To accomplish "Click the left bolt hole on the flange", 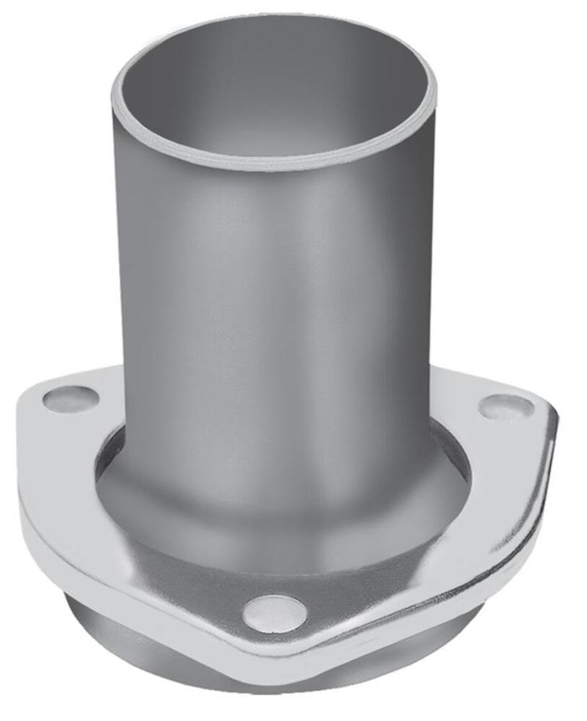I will [70, 399].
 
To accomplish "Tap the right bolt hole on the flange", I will [506, 406].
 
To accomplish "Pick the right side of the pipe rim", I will [433, 92].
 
